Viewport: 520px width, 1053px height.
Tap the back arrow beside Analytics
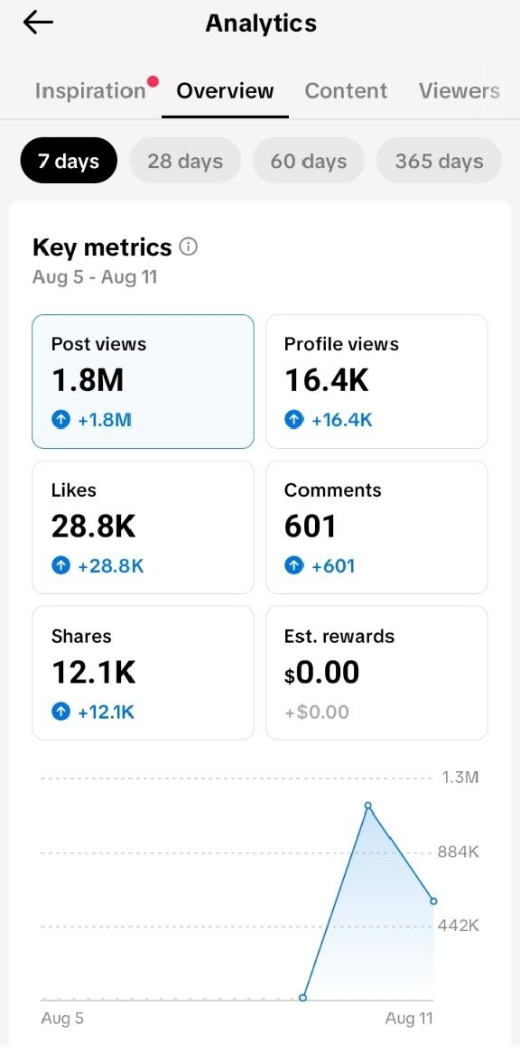[x=38, y=23]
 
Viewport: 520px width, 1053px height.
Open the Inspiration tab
[x=90, y=90]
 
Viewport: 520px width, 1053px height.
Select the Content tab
[x=346, y=90]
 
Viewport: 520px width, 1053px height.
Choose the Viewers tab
[x=459, y=90]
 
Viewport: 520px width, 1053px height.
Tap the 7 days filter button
[x=69, y=161]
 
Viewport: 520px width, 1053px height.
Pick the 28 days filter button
[x=184, y=161]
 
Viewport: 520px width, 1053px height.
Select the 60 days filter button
[x=309, y=161]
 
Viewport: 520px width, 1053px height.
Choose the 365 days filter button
[x=439, y=161]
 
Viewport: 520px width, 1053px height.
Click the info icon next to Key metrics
[x=189, y=247]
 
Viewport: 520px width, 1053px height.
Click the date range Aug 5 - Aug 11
[x=95, y=276]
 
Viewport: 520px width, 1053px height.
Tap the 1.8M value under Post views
[x=88, y=381]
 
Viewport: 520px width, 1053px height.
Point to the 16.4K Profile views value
[x=327, y=381]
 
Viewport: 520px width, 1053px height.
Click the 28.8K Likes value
[x=93, y=526]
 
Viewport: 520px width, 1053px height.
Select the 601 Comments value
[x=310, y=526]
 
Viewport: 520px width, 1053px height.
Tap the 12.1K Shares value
[x=93, y=672]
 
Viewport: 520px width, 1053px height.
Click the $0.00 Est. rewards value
[x=322, y=672]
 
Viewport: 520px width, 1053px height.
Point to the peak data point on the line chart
[x=367, y=806]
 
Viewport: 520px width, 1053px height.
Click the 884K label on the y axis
[x=459, y=853]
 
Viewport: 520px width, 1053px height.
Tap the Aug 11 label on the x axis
[x=409, y=1018]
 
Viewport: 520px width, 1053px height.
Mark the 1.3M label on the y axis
[x=461, y=778]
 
